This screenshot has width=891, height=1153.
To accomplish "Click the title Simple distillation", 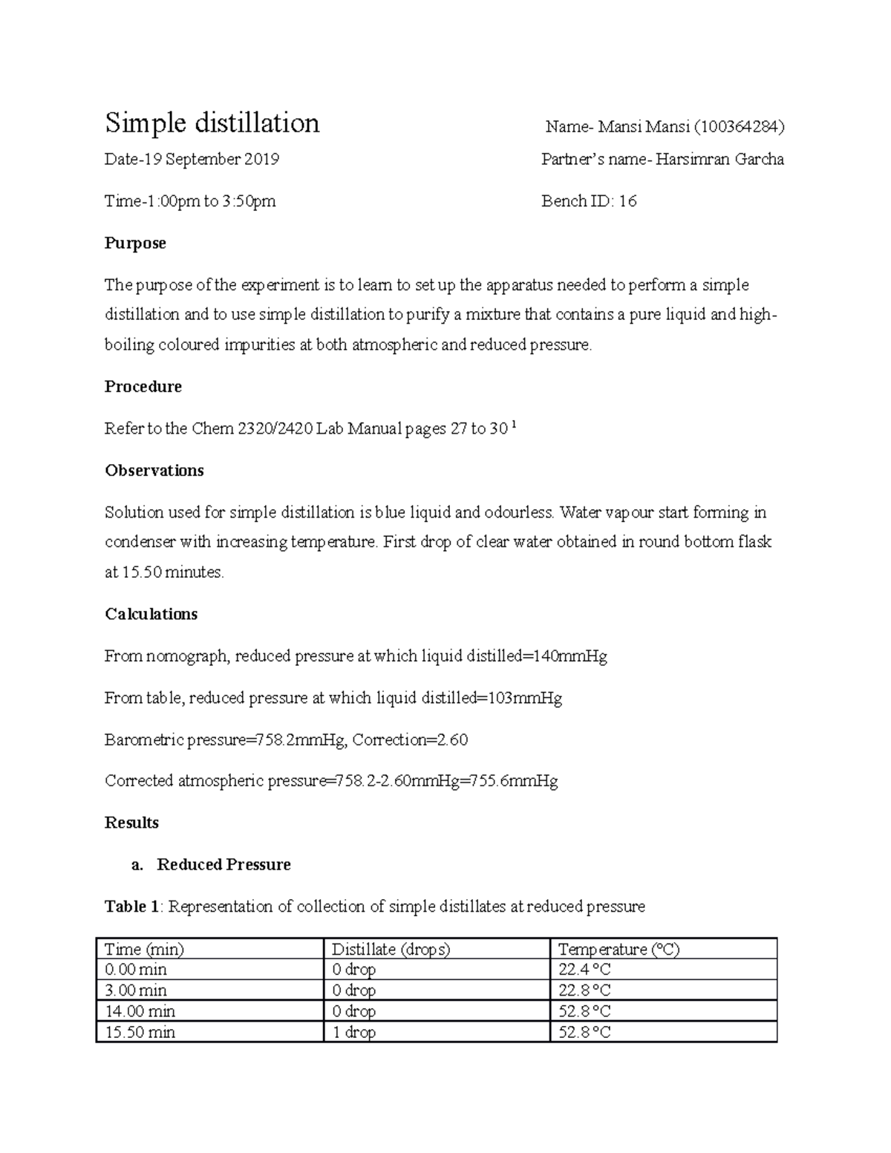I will click(x=212, y=123).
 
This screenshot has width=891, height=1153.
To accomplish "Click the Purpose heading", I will click(x=135, y=244).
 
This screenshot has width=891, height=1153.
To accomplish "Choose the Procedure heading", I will click(x=143, y=387).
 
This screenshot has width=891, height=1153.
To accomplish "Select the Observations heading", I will click(x=154, y=471).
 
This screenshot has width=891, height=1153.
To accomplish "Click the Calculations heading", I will click(x=151, y=614).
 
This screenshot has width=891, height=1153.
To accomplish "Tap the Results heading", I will click(x=131, y=823).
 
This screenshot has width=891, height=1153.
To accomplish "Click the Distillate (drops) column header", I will click(x=391, y=950).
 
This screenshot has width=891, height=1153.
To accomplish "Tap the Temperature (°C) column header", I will click(x=619, y=950).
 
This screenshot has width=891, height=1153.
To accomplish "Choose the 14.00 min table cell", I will click(x=140, y=1011).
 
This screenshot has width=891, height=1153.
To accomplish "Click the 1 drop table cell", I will click(x=353, y=1032).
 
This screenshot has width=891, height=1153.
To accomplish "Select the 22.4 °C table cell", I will click(x=584, y=970).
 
